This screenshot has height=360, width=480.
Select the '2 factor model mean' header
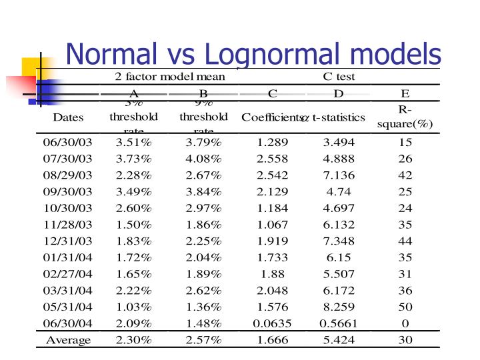(x=170, y=77)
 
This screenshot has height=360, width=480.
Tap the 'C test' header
(x=339, y=77)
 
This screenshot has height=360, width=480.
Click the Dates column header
(x=68, y=118)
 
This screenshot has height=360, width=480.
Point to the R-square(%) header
(x=405, y=117)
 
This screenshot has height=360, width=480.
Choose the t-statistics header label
(x=339, y=118)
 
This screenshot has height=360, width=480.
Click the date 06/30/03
(x=68, y=143)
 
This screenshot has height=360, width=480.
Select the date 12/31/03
(x=68, y=241)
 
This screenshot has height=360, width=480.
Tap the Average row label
(x=68, y=340)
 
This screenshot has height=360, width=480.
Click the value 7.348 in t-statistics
(x=339, y=241)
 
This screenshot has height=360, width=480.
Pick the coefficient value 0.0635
(x=273, y=323)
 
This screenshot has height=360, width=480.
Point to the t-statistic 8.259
(x=339, y=307)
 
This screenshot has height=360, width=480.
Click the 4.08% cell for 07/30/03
(x=203, y=159)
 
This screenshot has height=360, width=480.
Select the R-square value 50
(x=405, y=307)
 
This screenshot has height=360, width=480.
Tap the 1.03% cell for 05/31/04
(x=133, y=307)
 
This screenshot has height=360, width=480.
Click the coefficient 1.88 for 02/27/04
(x=273, y=274)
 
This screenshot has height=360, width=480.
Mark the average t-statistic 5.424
(x=339, y=340)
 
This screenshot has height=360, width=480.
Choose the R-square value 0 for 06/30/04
(x=405, y=323)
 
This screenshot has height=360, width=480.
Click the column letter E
(x=405, y=93)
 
